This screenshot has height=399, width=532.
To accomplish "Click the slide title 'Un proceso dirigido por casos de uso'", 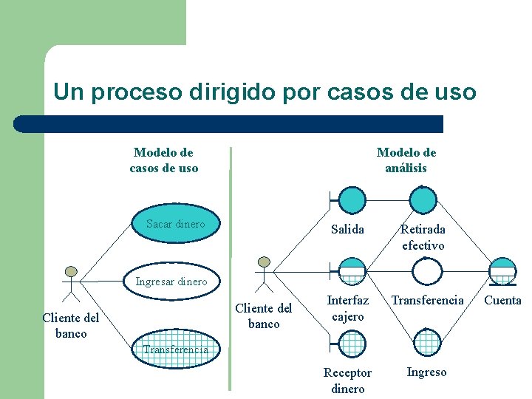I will point(265,92).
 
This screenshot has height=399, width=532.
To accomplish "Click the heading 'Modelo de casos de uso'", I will point(164,160).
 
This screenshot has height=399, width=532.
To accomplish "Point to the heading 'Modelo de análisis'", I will point(406,160).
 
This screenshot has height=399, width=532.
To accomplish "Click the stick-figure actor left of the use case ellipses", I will point(71,282).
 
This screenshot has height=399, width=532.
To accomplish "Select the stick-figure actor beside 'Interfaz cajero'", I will point(264,273).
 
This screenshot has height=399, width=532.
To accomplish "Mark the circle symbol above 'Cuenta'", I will point(502,270).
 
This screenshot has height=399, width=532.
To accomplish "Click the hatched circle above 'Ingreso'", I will point(426,342).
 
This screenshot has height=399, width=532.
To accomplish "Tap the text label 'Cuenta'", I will point(502,300).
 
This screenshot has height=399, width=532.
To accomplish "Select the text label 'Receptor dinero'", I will point(347,381).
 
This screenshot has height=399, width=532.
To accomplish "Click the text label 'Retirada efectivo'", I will point(423,237).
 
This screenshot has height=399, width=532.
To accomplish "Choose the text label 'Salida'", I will point(347,229).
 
